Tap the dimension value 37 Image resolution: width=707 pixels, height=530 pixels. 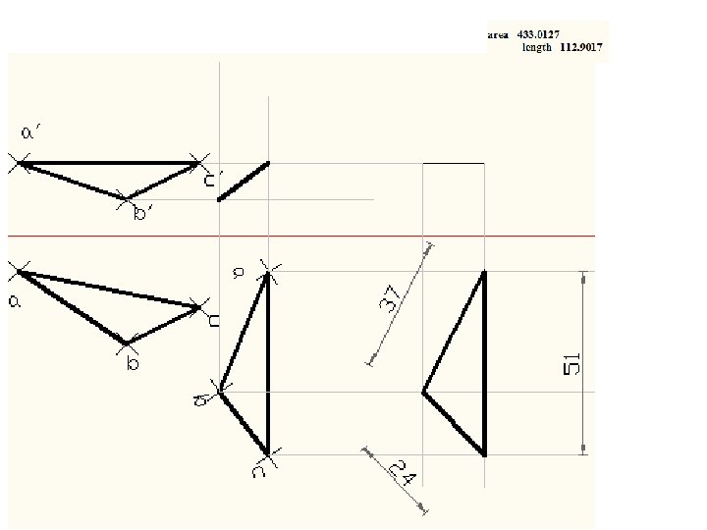(389, 300)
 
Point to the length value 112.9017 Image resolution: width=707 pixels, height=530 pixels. (580, 46)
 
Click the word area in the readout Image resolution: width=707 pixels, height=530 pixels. (498, 33)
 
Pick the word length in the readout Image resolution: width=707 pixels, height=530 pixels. (536, 46)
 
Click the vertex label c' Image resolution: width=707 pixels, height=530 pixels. (211, 180)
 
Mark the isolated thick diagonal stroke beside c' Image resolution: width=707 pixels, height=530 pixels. (244, 182)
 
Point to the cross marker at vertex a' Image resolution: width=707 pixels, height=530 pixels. (21, 164)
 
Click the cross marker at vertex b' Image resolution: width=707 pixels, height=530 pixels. (126, 199)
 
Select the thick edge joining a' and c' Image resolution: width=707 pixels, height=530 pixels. (108, 163)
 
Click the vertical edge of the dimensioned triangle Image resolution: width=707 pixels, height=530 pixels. (484, 363)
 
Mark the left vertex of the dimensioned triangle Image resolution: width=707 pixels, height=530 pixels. (423, 392)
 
